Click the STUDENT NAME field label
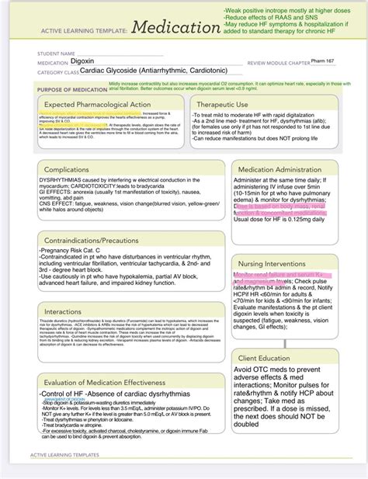tap(59, 54)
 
